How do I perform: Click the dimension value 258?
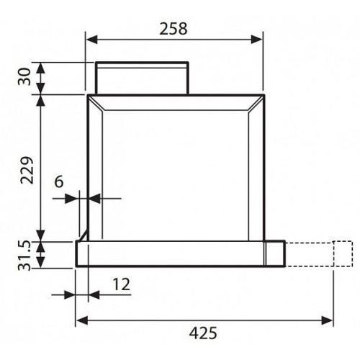tap(174, 29)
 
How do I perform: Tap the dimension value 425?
tap(203, 333)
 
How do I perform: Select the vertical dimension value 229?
tap(27, 170)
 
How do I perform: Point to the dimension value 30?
tap(24, 76)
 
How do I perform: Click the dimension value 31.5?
tap(24, 256)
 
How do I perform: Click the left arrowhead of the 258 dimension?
tap(91, 40)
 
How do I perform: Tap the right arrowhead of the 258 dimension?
tap(257, 40)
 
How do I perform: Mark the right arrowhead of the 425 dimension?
tap(327, 320)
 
